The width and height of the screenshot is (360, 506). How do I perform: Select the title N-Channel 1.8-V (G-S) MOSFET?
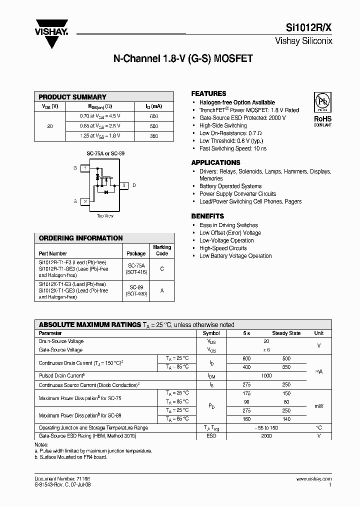[183, 58]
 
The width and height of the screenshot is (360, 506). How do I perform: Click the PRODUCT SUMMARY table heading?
[72, 97]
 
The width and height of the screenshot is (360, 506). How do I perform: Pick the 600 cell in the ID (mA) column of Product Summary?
[153, 116]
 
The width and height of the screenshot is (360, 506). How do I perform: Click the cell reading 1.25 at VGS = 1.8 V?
[100, 136]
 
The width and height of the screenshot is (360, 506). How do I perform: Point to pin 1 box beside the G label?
[85, 168]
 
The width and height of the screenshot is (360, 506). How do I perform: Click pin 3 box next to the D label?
[123, 185]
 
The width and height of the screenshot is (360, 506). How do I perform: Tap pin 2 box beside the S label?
[85, 201]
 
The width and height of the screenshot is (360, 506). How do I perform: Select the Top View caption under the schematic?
[105, 216]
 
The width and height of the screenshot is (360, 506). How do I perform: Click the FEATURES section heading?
[208, 93]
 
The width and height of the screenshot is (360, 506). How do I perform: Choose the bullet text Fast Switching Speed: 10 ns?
[233, 148]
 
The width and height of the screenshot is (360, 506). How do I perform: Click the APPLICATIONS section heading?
[215, 162]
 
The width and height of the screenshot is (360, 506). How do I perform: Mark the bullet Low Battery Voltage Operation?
[235, 256]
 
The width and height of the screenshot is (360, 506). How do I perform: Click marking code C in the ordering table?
[161, 268]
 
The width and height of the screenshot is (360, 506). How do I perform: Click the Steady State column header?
[286, 333]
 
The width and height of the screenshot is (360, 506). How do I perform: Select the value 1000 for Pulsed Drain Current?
[266, 375]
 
